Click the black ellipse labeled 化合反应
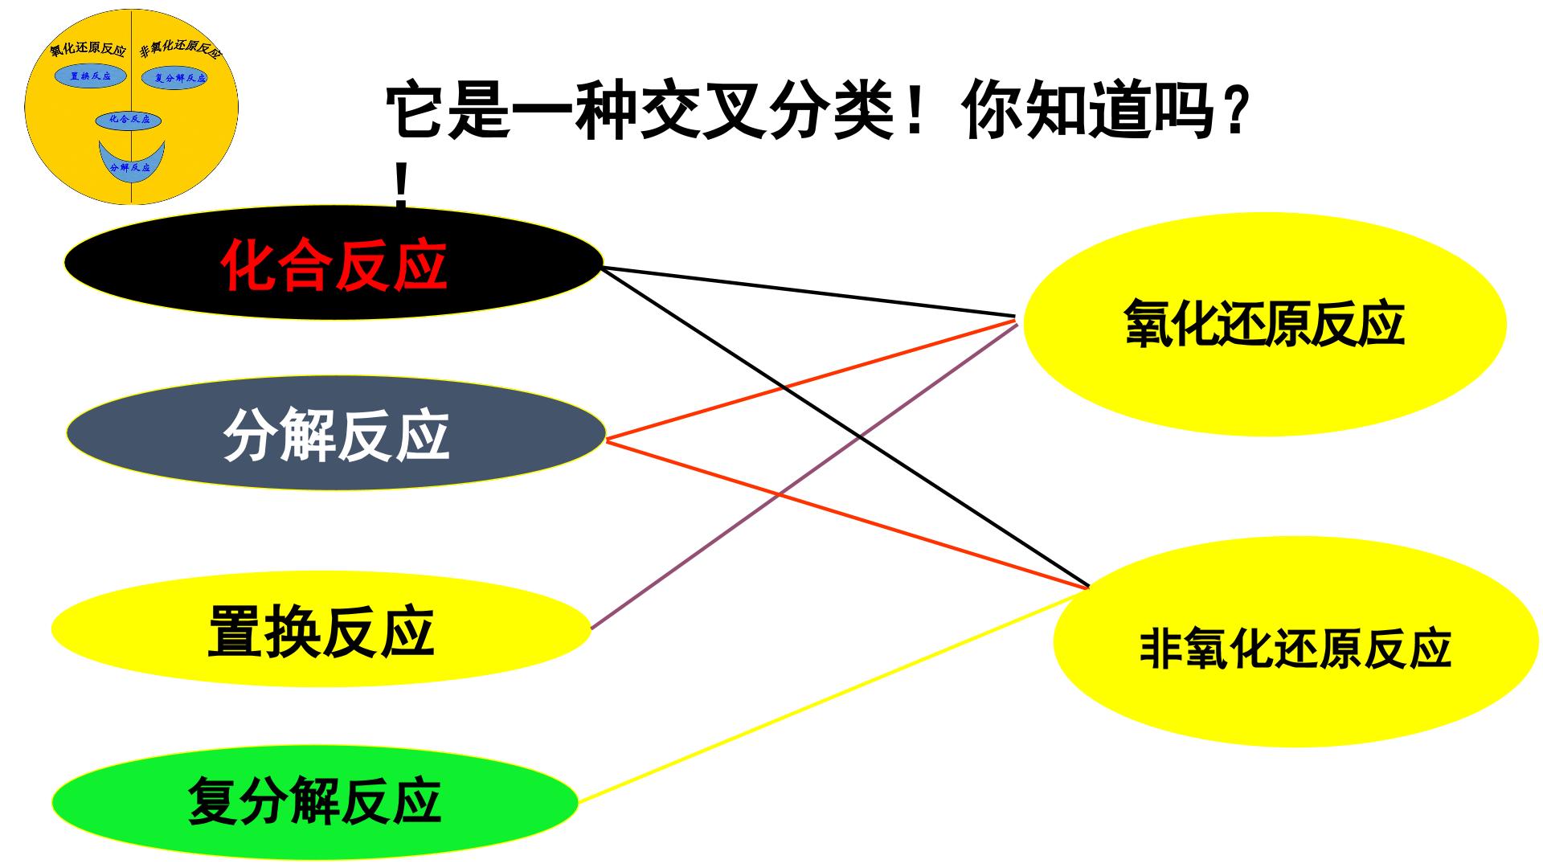334,262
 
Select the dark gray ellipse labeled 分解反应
335,433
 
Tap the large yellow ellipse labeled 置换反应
321,628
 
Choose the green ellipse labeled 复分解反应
315,801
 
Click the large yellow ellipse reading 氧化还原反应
1264,324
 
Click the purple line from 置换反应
804,475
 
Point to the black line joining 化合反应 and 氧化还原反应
808,291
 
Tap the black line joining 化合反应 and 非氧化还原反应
845,427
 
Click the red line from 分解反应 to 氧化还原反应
811,379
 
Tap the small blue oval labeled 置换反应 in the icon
91,76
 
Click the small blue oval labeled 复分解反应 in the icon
175,78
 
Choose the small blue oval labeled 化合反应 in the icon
129,121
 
